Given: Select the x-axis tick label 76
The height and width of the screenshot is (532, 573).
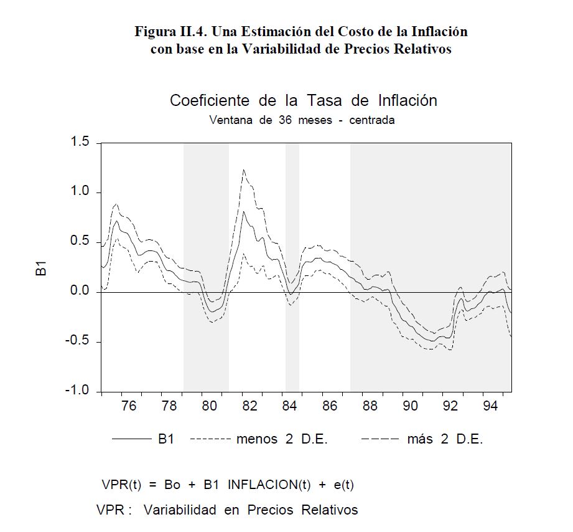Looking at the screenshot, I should [x=129, y=407].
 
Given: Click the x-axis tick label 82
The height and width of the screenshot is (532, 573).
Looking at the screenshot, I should [x=249, y=407].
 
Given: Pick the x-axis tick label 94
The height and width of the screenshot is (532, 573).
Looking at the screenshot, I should [x=490, y=407].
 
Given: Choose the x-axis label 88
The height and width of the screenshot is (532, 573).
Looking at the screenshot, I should [x=370, y=407].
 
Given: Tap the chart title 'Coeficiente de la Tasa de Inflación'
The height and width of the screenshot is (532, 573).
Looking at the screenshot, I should [x=303, y=100].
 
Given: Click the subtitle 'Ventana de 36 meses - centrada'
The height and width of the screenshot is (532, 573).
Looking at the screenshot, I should [x=302, y=120].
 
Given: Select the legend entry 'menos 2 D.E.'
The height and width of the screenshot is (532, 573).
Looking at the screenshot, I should [x=282, y=439].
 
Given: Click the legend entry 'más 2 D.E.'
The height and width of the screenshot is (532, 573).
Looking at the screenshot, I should [x=445, y=439].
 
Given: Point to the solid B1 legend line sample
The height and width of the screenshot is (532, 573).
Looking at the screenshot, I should [x=131, y=439].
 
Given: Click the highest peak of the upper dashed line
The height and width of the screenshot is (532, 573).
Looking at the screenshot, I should [x=243, y=169].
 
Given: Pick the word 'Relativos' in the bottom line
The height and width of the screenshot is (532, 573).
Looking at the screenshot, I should [x=330, y=510].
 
